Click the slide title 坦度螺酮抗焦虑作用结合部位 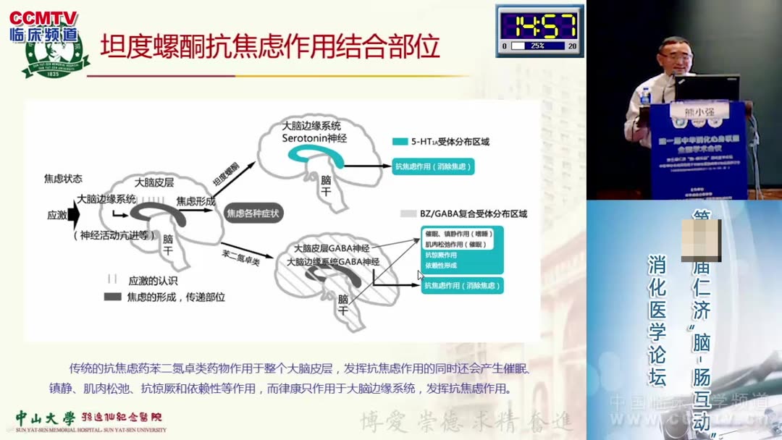tap(269, 47)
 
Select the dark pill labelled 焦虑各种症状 tap(253, 213)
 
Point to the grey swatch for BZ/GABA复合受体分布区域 tap(408, 213)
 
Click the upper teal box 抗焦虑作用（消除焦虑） tap(432, 167)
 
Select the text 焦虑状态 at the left tap(63, 178)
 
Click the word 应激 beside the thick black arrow tap(57, 215)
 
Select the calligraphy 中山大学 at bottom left tap(45, 418)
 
